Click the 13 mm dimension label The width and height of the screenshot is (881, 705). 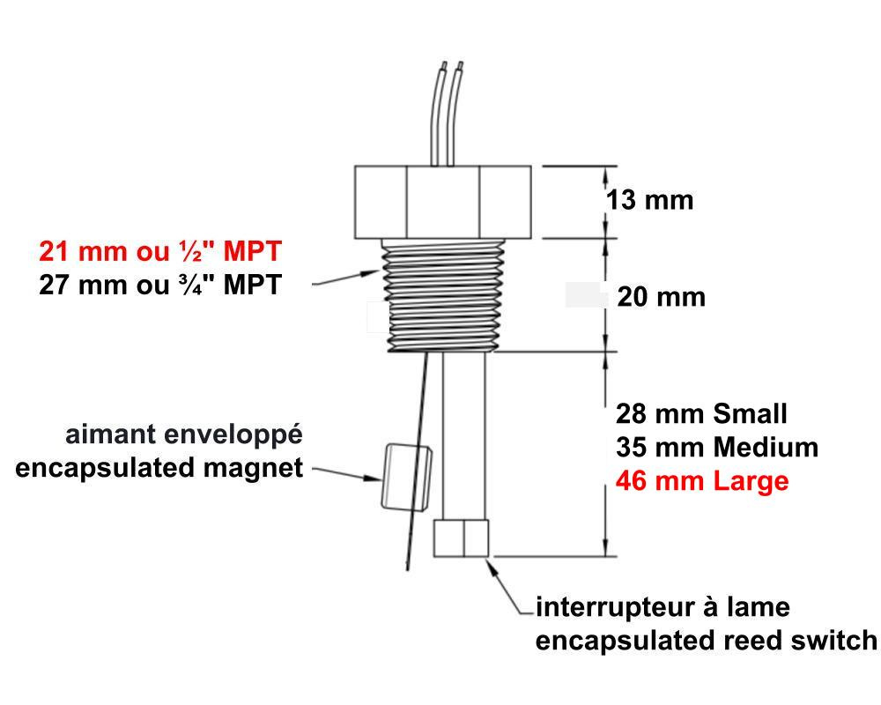[649, 200]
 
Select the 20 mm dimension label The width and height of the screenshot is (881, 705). [662, 297]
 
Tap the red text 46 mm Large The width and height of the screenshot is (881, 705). [702, 481]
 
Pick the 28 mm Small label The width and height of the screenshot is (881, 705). [701, 414]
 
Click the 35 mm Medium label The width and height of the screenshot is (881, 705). [717, 448]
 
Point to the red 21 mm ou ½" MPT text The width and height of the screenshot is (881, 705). [160, 251]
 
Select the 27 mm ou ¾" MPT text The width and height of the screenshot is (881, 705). [160, 285]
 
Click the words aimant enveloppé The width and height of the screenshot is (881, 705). [184, 435]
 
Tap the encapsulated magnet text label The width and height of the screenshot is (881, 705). [159, 468]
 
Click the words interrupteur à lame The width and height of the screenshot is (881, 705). [663, 607]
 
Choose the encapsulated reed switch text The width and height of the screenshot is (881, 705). [707, 641]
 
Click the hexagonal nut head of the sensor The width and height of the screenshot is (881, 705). [443, 202]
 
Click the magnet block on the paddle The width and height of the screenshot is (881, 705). [407, 478]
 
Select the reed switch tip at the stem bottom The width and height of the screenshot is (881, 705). [461, 538]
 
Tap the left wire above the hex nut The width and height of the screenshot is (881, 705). [435, 113]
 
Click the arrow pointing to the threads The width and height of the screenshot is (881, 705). [346, 278]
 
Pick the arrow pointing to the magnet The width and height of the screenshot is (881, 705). [346, 473]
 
